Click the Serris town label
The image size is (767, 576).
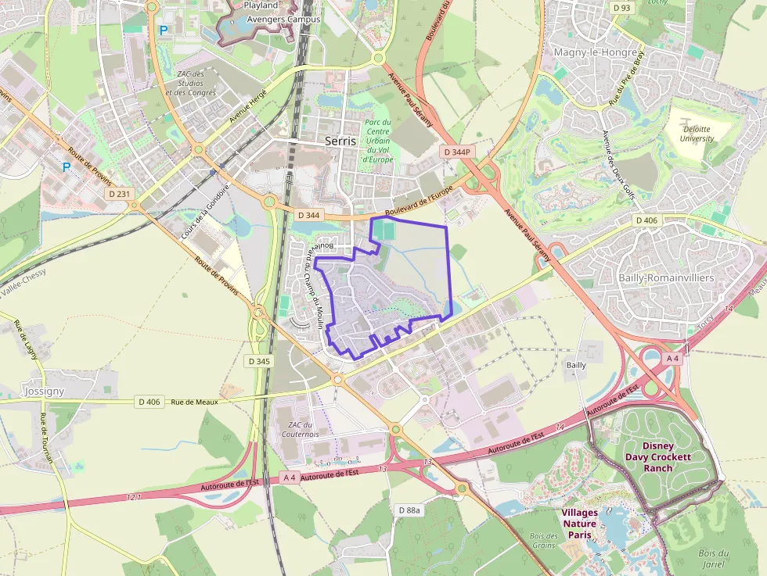(x=340, y=141)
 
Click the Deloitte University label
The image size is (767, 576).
(x=697, y=134)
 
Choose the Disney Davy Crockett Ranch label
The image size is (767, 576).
(x=658, y=456)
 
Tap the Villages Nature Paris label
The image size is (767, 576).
(x=579, y=524)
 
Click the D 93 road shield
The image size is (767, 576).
(x=621, y=8)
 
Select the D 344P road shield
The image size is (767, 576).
(x=456, y=152)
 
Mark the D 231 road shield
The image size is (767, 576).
(x=120, y=192)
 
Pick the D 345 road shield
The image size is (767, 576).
(x=258, y=361)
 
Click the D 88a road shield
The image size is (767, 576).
(x=409, y=510)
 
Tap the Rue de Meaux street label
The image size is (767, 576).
(x=194, y=401)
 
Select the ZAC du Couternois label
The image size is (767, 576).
(x=301, y=429)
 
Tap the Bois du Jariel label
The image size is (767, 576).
(x=713, y=558)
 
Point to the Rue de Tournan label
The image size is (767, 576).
(x=46, y=438)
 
